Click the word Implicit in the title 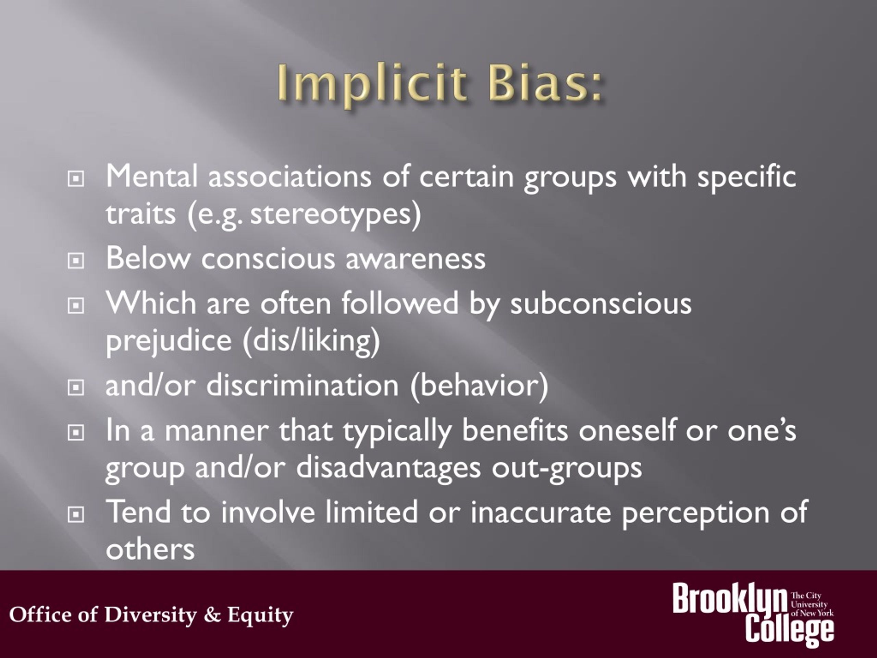pos(371,84)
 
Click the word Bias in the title pos(545,84)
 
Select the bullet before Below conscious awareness pos(75,260)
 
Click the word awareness pos(415,259)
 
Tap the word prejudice pos(169,341)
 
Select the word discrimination pos(302,386)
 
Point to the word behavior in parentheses pos(479,386)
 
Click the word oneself pos(627,431)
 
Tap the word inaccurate pos(541,512)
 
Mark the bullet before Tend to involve pos(75,514)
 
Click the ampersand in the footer pos(212,614)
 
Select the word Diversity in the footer pos(150,614)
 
